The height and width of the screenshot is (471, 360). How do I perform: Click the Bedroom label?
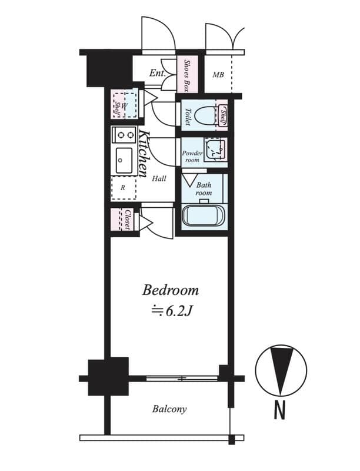[x=171, y=290]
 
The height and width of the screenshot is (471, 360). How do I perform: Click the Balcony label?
[x=169, y=409]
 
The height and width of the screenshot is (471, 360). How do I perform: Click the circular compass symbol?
[x=281, y=370]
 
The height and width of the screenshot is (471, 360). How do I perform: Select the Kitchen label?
[x=143, y=152]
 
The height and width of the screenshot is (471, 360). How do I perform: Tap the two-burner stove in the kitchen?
[x=124, y=135]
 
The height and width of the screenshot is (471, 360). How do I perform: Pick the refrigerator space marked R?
[x=123, y=188]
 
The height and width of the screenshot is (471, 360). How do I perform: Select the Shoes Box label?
[x=187, y=75]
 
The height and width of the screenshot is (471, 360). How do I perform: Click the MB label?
[x=218, y=75]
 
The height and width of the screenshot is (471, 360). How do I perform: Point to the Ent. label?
[x=157, y=74]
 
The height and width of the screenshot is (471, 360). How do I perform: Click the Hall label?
[x=159, y=178]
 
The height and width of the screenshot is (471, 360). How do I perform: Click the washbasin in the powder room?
[x=214, y=150]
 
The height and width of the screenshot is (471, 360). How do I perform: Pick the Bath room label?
[x=204, y=188]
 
